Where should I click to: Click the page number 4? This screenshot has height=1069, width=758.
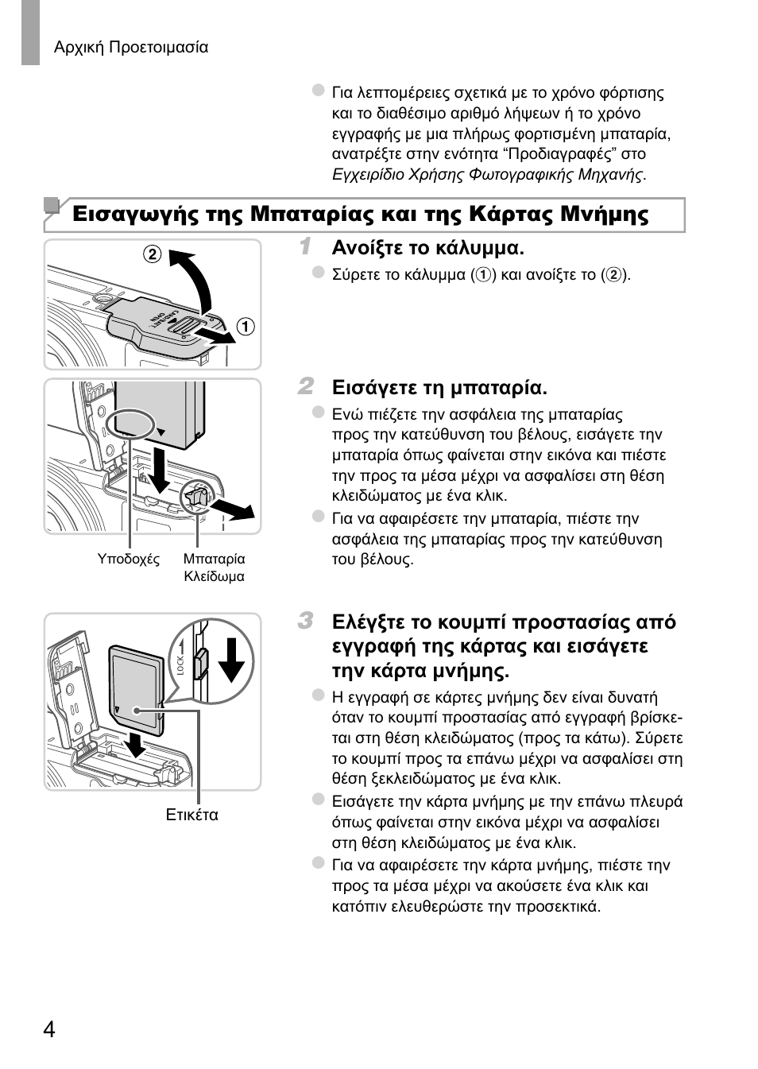coord(49,1029)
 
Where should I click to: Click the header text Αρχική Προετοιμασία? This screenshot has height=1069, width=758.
coord(131,48)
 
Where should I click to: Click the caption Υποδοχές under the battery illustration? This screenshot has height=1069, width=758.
coord(129,559)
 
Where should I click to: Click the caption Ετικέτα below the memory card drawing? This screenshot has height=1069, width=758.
coord(191,815)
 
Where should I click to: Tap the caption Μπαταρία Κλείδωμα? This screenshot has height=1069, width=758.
coord(214,567)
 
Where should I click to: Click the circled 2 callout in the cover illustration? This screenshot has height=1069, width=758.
coord(152,254)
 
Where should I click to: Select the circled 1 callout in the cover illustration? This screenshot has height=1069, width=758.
coord(247,327)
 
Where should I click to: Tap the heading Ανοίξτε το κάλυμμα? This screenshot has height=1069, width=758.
coord(427,248)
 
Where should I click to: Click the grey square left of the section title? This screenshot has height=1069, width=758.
coord(52,206)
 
